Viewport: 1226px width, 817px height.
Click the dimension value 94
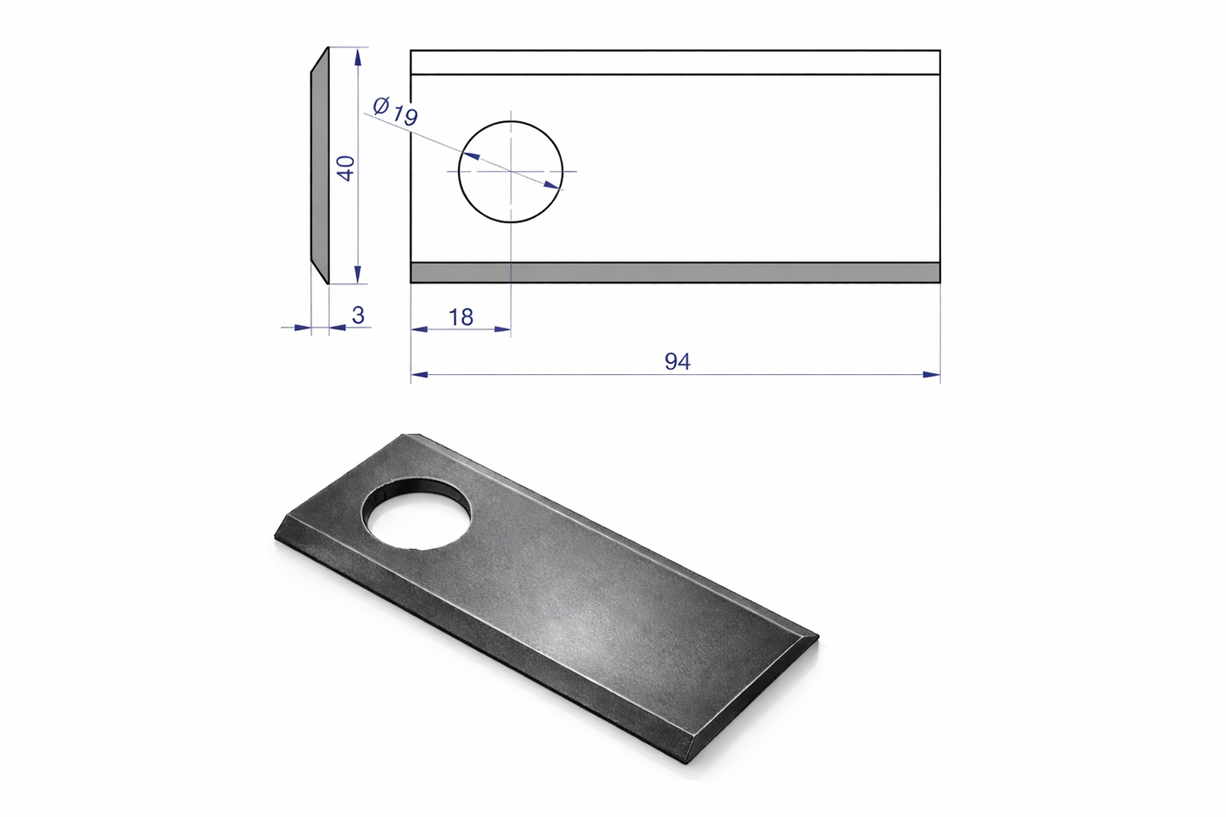678,361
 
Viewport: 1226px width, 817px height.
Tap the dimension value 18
461,317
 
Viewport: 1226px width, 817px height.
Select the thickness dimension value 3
359,316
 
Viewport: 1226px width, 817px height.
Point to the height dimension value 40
346,168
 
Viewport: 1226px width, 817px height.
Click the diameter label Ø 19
395,111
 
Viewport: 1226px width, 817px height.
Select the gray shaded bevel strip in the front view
675,272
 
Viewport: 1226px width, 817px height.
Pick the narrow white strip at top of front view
675,63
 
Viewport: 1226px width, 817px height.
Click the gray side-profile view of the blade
320,165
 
